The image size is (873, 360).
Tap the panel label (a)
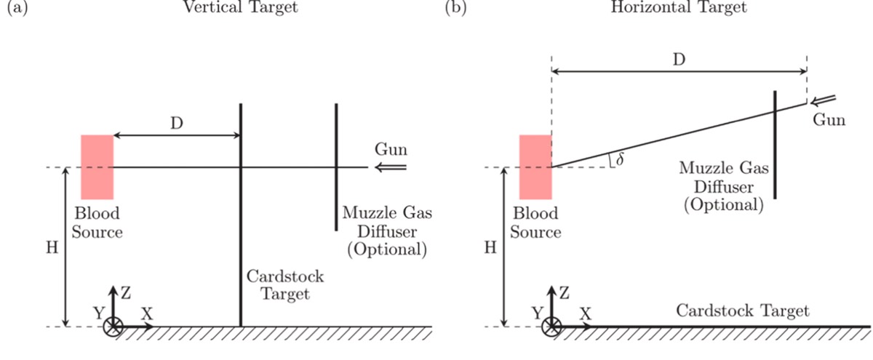[15, 9]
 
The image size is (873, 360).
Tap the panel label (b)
[455, 9]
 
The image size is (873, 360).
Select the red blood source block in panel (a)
[97, 167]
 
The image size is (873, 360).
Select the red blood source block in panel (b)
[535, 167]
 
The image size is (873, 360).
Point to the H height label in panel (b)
[490, 247]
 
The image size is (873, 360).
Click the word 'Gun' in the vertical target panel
[391, 151]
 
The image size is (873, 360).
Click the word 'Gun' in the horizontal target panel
[829, 120]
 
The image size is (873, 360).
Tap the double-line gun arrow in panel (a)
[394, 168]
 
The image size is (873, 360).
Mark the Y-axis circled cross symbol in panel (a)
[113, 327]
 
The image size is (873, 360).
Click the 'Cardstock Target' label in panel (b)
[742, 311]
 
